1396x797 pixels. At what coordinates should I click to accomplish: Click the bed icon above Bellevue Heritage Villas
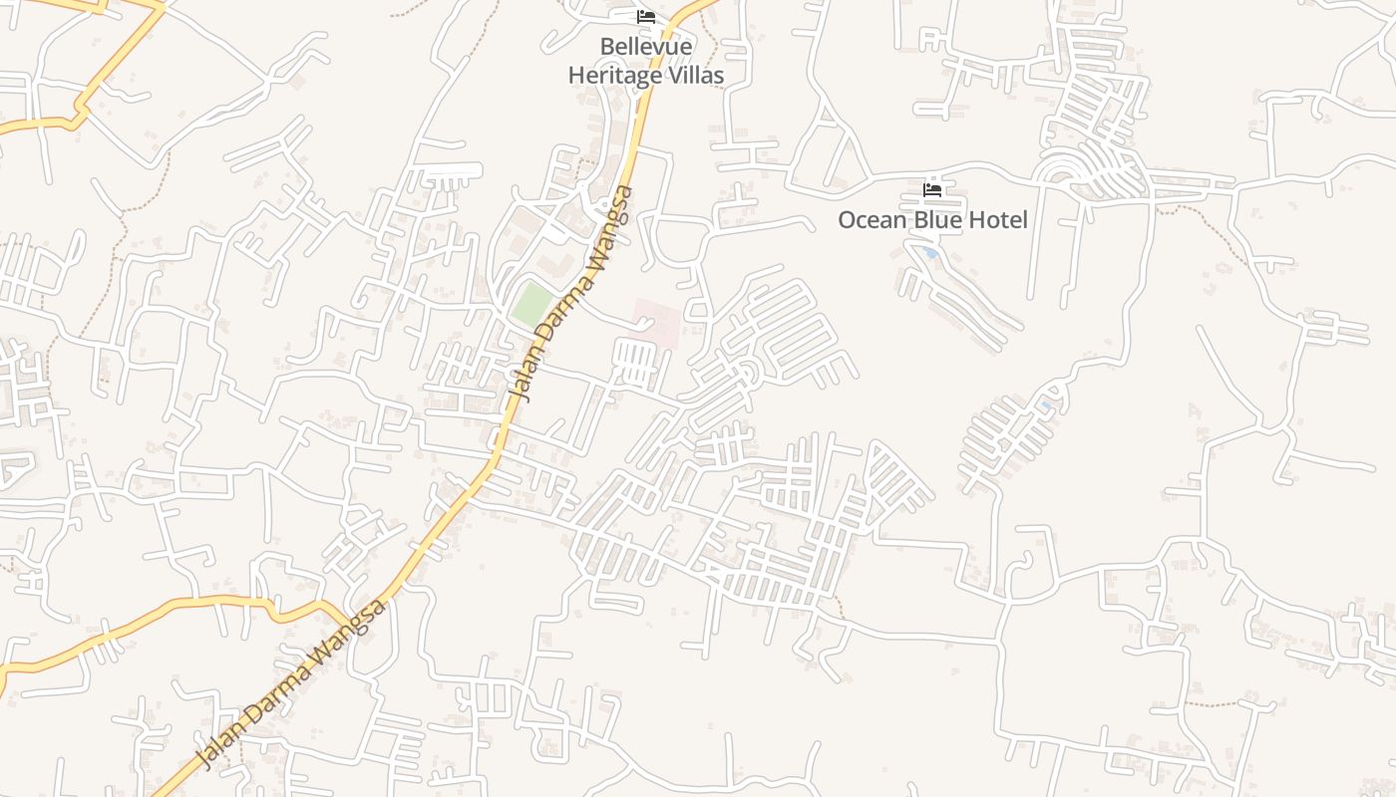(646, 17)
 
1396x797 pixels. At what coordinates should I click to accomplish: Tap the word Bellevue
(646, 47)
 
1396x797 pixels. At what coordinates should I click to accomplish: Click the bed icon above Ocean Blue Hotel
(932, 189)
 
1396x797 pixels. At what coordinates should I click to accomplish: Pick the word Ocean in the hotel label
(871, 220)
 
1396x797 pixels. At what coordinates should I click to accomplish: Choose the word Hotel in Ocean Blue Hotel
(998, 220)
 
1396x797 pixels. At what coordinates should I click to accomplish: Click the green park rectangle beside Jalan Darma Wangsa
(531, 304)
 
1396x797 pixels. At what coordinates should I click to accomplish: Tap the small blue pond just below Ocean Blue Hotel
(931, 253)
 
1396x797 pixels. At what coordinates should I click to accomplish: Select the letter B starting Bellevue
(606, 47)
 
